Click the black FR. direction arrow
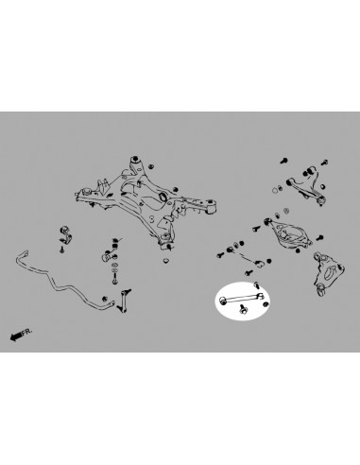[x=16, y=336]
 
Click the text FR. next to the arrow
[x=27, y=332]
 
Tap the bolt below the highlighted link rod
[x=243, y=309]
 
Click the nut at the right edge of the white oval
[x=266, y=304]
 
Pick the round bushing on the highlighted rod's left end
[x=223, y=301]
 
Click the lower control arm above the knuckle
[x=288, y=232]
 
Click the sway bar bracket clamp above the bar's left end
[x=65, y=233]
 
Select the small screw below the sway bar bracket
[x=62, y=250]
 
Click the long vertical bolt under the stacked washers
[x=114, y=279]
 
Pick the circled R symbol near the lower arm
[x=286, y=211]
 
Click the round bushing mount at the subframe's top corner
[x=136, y=159]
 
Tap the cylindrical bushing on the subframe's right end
[x=211, y=208]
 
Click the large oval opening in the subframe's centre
[x=163, y=197]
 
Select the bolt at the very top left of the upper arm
[x=283, y=161]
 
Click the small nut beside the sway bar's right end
[x=105, y=298]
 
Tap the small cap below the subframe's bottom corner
[x=166, y=261]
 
